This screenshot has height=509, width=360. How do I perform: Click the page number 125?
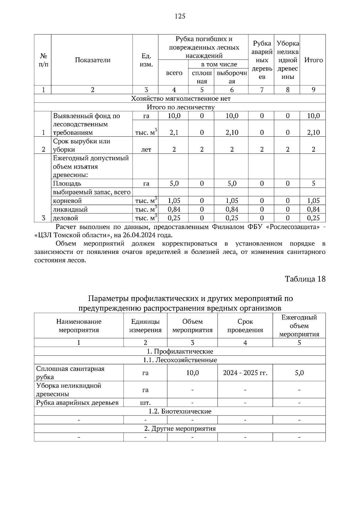[180, 16]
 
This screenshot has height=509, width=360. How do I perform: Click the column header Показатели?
[92, 60]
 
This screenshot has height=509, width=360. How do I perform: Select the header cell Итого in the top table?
[313, 60]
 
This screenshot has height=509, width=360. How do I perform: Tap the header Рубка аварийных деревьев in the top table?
[262, 60]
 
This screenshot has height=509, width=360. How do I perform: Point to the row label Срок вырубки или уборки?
[82, 145]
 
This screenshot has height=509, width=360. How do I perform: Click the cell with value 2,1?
[174, 132]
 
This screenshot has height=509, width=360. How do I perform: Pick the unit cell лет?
[146, 149]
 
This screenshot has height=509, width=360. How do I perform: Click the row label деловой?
[65, 218]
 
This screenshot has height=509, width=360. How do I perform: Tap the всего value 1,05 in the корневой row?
[174, 201]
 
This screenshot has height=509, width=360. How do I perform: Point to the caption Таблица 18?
[305, 279]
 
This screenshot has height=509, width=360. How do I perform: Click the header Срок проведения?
[245, 326]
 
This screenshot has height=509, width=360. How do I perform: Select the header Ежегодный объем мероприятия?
[299, 326]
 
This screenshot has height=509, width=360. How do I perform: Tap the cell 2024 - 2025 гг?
[245, 373]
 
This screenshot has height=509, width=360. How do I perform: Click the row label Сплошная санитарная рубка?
[70, 373]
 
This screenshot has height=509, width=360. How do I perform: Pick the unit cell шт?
[145, 403]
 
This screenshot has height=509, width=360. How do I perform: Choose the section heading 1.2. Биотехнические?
[180, 411]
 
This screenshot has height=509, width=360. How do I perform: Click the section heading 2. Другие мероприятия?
[180, 428]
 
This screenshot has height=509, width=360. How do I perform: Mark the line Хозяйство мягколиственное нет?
[181, 99]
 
